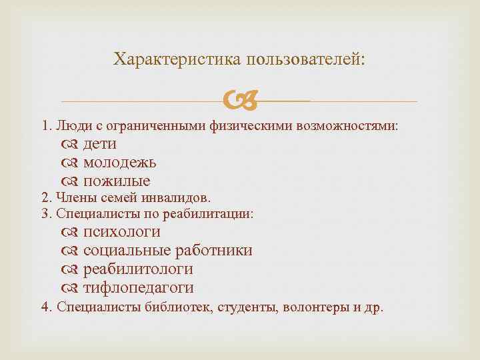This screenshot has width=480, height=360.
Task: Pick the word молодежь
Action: pyautogui.click(x=120, y=162)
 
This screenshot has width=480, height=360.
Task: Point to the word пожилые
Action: pyautogui.click(x=117, y=181)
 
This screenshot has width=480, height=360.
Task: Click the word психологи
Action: pyautogui.click(x=121, y=232)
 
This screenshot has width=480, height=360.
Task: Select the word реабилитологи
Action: pyautogui.click(x=138, y=269)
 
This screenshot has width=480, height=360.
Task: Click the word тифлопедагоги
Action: pyautogui.click(x=138, y=288)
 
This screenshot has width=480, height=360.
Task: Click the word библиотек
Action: pyautogui.click(x=179, y=308)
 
